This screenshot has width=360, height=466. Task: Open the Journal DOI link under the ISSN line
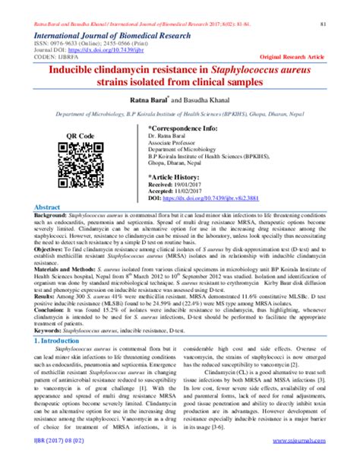tap(106, 49)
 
